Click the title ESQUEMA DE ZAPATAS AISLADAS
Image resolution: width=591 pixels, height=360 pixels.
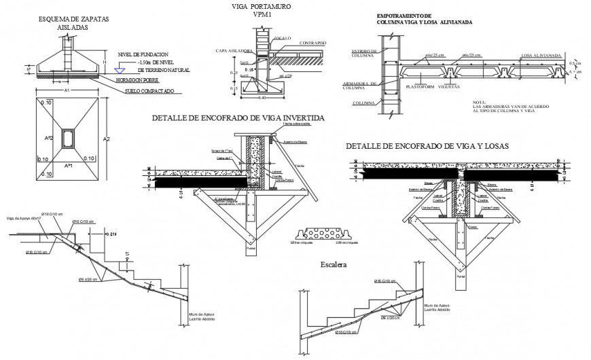point(69,23)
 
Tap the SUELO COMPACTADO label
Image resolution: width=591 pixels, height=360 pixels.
point(149,91)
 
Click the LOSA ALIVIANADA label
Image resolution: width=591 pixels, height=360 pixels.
point(541,55)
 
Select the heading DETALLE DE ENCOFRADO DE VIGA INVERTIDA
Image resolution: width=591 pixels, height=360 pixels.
point(238,118)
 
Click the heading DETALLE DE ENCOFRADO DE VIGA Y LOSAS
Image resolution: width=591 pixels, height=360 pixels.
point(427,146)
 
